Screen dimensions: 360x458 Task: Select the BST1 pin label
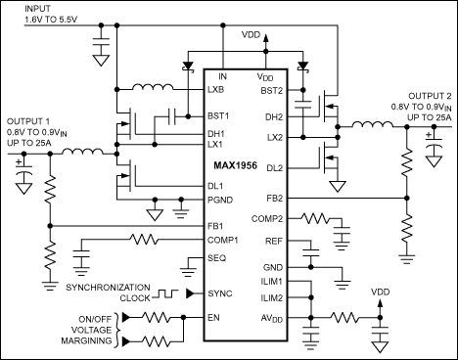(218, 115)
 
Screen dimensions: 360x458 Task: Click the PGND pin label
(220, 200)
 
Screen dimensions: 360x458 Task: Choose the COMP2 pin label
(267, 219)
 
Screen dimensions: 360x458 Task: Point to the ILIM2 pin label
(270, 297)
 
